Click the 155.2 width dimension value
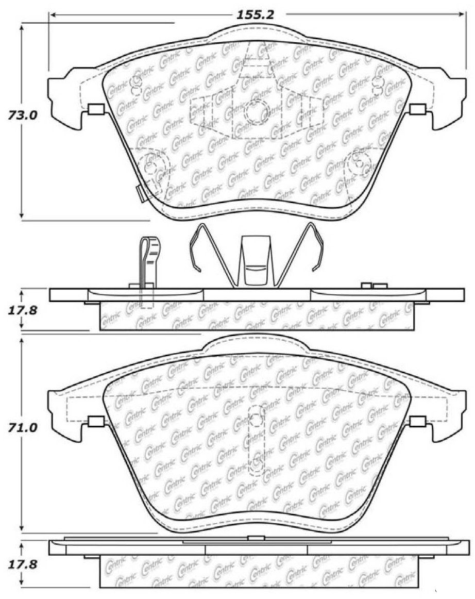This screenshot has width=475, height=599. (x=255, y=15)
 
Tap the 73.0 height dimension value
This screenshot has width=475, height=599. (x=23, y=115)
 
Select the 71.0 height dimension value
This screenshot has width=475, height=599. (x=23, y=427)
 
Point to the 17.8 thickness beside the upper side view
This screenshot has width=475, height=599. (x=23, y=310)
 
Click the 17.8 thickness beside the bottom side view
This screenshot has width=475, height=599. (x=23, y=564)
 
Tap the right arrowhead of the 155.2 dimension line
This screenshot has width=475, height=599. (x=461, y=14)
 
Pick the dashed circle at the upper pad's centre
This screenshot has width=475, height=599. (x=255, y=111)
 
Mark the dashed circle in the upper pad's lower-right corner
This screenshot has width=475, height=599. (x=359, y=163)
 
